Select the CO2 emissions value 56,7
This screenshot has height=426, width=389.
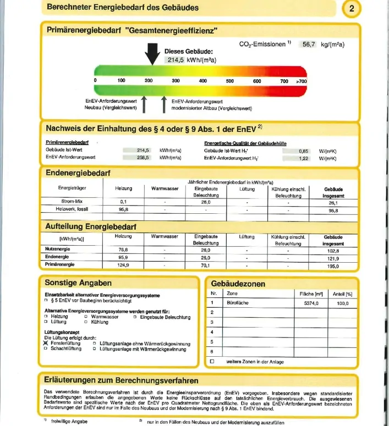(306, 45)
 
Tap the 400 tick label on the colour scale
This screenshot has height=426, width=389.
(202, 81)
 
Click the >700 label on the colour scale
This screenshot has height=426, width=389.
(301, 81)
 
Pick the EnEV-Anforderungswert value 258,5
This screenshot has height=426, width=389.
(143, 157)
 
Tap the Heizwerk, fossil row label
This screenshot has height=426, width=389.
(72, 209)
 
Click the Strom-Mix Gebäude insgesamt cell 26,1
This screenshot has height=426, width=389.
(333, 202)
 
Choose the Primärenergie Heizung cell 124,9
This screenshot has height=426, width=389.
(123, 265)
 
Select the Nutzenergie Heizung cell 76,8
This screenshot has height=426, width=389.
(123, 250)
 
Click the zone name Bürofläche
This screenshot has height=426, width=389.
(238, 303)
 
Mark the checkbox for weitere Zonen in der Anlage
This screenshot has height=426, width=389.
(212, 361)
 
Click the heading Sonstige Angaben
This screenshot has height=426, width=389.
(79, 283)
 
